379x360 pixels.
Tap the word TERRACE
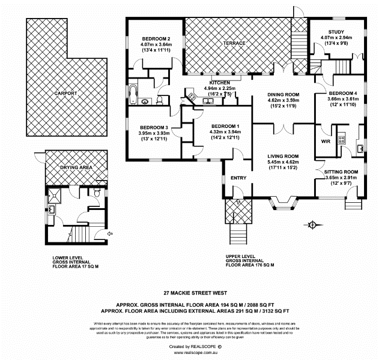point(235,44)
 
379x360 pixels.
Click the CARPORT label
point(66,94)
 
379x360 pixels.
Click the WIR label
point(326,142)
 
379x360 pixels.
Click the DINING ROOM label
point(283,95)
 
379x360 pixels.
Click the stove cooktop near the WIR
point(341,139)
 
